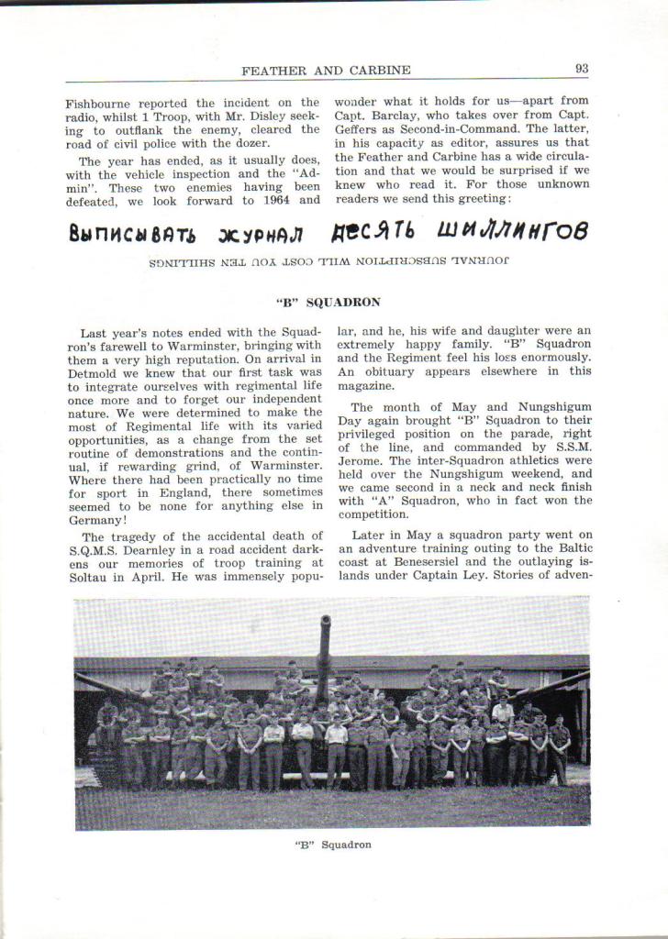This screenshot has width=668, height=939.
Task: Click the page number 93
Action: pyautogui.click(x=581, y=68)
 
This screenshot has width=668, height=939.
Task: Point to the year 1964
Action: pyautogui.click(x=303, y=199)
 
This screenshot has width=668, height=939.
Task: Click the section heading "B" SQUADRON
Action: pyautogui.click(x=328, y=302)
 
